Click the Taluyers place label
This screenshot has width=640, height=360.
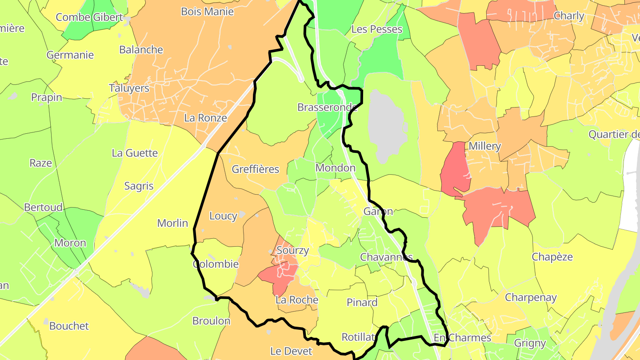tap(129, 88)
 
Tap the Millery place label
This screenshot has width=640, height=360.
tap(484, 146)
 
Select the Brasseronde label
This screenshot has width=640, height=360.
tap(328, 107)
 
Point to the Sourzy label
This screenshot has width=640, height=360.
tap(292, 250)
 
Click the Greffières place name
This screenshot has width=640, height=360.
tap(256, 169)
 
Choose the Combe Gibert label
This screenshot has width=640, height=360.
tap(89, 17)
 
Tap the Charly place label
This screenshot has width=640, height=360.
tap(569, 16)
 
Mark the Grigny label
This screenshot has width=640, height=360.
tap(530, 343)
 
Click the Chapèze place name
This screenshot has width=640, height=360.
tap(552, 257)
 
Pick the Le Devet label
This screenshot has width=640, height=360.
tap(291, 351)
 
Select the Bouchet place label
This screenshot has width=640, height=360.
tap(69, 326)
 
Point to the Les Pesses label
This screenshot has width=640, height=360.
tap(376, 29)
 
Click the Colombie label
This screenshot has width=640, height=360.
tap(216, 264)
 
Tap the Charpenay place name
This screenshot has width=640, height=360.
tap(531, 297)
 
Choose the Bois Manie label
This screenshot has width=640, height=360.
tap(207, 12)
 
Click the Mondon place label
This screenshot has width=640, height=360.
tap(336, 168)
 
